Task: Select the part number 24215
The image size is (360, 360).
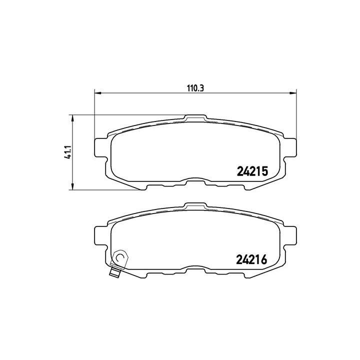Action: click(252, 171)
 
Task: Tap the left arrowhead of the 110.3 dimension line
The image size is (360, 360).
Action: click(98, 93)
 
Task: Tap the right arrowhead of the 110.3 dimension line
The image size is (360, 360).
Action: click(293, 93)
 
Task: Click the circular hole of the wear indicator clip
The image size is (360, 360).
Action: click(119, 258)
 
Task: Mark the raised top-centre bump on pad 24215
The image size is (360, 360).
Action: click(195, 118)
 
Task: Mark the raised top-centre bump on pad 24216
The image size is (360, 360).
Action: click(195, 205)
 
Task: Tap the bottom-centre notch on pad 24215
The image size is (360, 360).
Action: click(195, 182)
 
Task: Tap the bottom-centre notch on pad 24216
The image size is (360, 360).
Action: click(195, 269)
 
